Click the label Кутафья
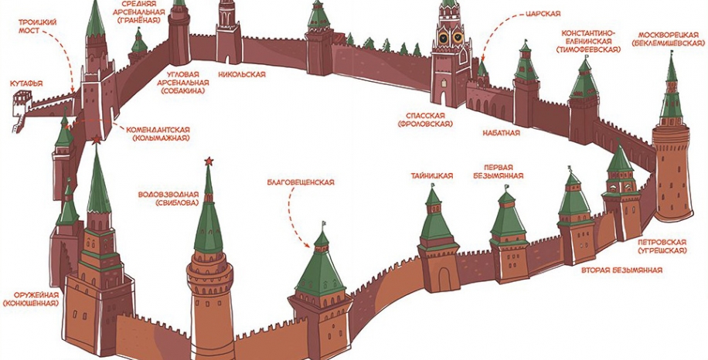pyautogui.click(x=26, y=83)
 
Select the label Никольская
pyautogui.click(x=242, y=75)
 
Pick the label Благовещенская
pyautogui.click(x=300, y=182)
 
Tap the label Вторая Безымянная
pyautogui.click(x=621, y=270)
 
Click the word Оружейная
pyautogui.click(x=31, y=294)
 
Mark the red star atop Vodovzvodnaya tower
pyautogui.click(x=207, y=161)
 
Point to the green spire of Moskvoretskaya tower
pyautogui.click(x=671, y=93)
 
